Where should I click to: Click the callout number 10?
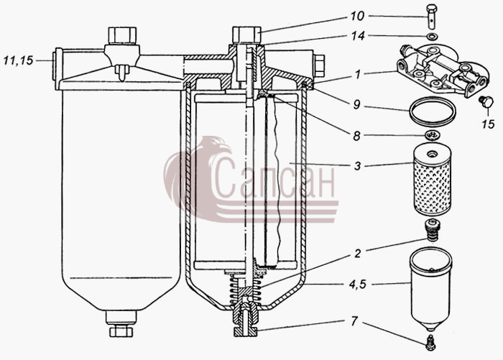pyautogui.click(x=356, y=16)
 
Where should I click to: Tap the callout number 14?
pyautogui.click(x=358, y=36)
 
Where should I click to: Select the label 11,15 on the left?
pyautogui.click(x=18, y=60)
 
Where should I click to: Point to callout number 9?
pyautogui.click(x=356, y=105)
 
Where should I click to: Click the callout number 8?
pyautogui.click(x=356, y=136)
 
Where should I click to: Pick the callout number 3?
pyautogui.click(x=357, y=166)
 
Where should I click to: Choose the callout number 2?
pyautogui.click(x=358, y=254)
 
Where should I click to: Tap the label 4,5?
pyautogui.click(x=358, y=284)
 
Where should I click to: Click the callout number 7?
pyautogui.click(x=354, y=321)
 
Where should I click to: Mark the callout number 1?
pyautogui.click(x=358, y=75)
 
